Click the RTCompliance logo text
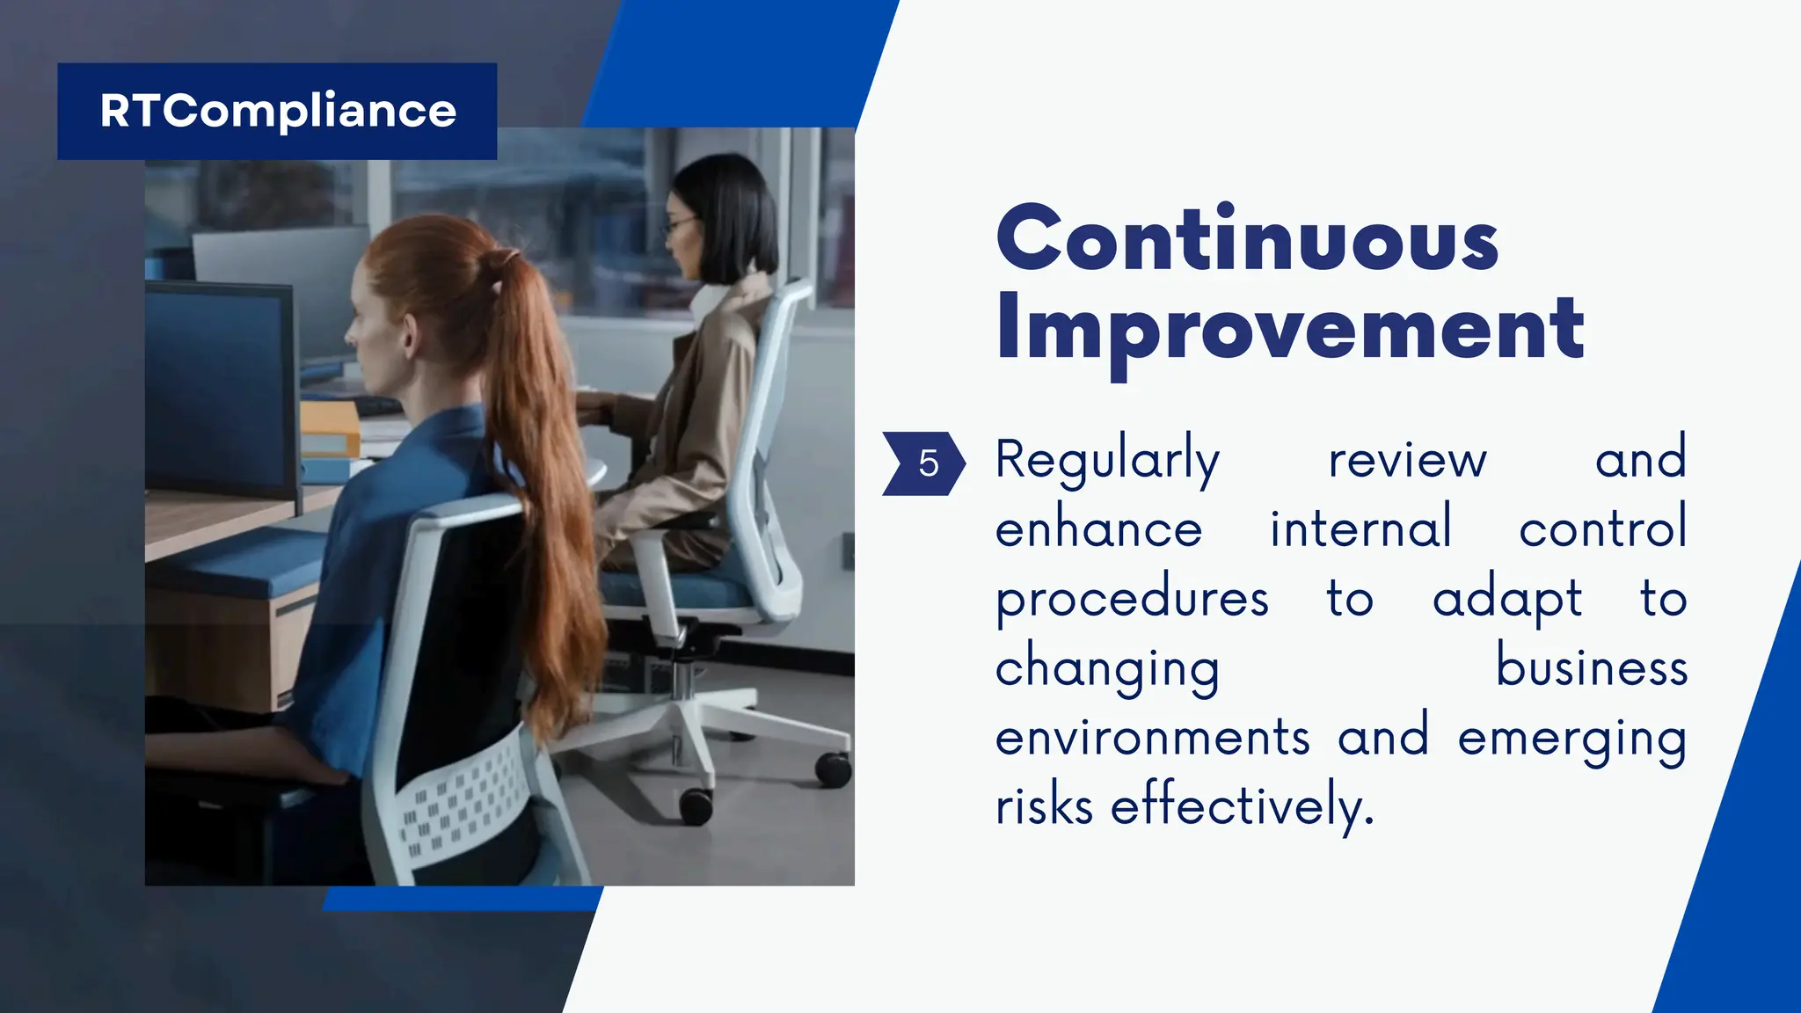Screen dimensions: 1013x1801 pyautogui.click(x=278, y=111)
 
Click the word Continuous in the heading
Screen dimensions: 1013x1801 pyautogui.click(x=1247, y=239)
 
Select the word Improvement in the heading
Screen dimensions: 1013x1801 pyautogui.click(x=1289, y=329)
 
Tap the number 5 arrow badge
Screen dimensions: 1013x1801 pyautogui.click(x=924, y=463)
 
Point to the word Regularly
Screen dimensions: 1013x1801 pyautogui.click(x=1107, y=460)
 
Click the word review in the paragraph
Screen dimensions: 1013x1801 pyautogui.click(x=1407, y=460)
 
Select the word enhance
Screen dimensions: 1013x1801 pyautogui.click(x=1098, y=529)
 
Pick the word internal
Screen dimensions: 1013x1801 pyautogui.click(x=1360, y=529)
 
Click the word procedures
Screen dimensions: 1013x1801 pyautogui.click(x=1132, y=600)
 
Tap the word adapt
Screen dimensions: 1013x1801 pyautogui.click(x=1507, y=600)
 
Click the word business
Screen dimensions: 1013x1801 pyautogui.click(x=1592, y=668)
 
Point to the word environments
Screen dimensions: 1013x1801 pyautogui.click(x=1152, y=738)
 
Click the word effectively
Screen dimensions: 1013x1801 pyautogui.click(x=1242, y=805)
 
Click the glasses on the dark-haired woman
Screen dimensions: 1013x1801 pyautogui.click(x=678, y=227)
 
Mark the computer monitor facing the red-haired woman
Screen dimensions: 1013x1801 pyautogui.click(x=220, y=391)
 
